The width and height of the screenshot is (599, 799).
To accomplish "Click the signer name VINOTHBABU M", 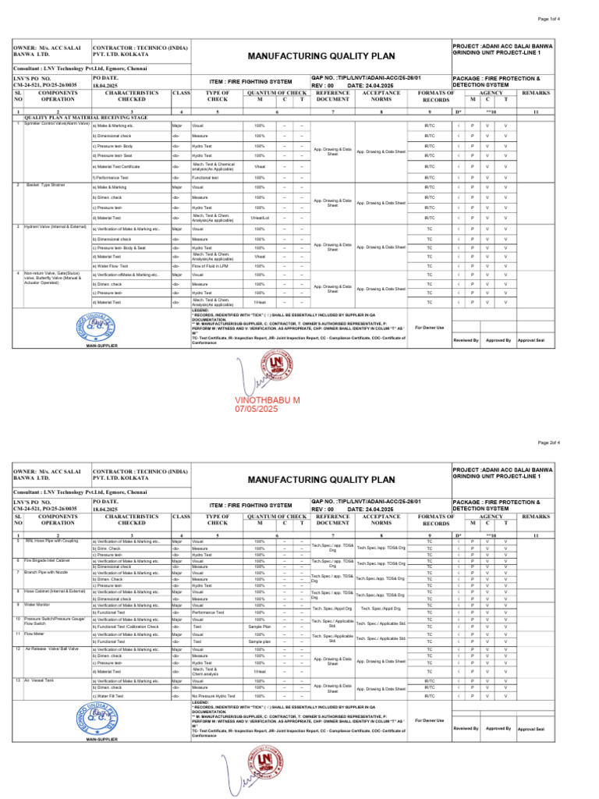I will pos(268,399).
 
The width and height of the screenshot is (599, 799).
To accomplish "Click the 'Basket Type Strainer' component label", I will pos(45,185).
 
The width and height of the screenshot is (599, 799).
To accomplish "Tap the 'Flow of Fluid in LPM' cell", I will pos(211,265).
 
